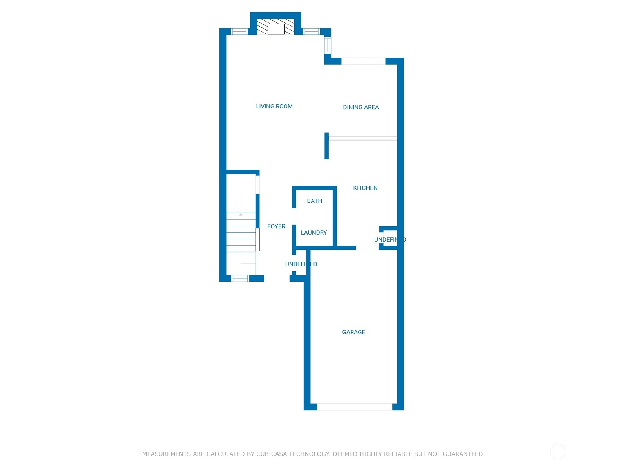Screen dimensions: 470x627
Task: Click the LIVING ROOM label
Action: (274, 107)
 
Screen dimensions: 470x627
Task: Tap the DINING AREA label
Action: (361, 107)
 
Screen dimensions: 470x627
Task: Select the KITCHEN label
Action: (365, 188)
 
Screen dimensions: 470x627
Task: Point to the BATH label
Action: (314, 201)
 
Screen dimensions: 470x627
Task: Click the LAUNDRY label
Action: (313, 233)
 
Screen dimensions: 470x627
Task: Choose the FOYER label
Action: (276, 226)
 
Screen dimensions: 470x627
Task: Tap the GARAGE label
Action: (353, 332)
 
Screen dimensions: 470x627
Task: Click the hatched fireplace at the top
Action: (275, 27)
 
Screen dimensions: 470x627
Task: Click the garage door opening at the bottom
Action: (354, 407)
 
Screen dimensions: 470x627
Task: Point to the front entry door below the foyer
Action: (277, 278)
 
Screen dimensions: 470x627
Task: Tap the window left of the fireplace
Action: (239, 32)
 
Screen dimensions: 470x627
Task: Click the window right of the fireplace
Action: (312, 32)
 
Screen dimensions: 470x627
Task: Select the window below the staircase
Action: (240, 278)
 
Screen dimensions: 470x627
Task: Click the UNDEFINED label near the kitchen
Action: (390, 240)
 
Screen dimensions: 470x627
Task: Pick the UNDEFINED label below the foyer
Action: (301, 264)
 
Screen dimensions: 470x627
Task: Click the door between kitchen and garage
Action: (367, 248)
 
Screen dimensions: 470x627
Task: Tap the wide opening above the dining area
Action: (363, 61)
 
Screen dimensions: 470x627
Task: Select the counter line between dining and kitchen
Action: (362, 138)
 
